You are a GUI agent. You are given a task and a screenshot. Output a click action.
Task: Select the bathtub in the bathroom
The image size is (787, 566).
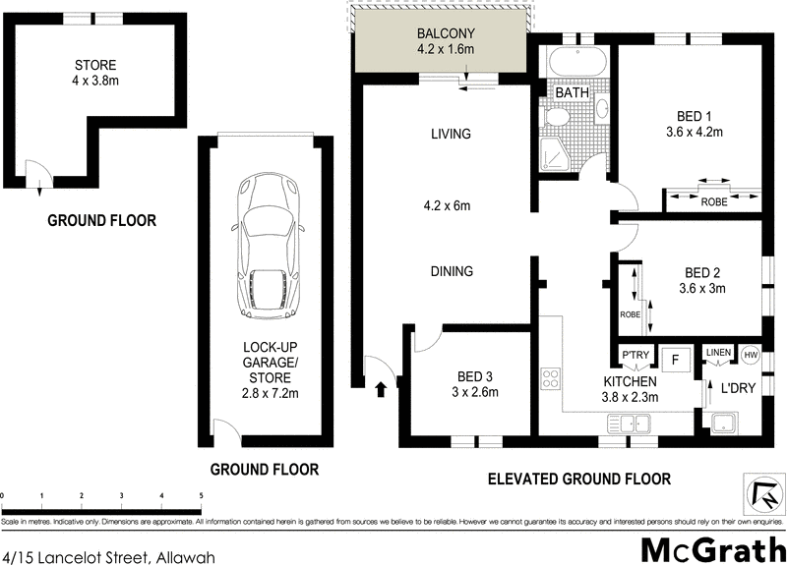577,62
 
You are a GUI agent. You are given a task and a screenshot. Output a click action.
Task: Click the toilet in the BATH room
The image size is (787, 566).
557,117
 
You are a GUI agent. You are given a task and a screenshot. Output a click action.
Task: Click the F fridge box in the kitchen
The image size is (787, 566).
674,359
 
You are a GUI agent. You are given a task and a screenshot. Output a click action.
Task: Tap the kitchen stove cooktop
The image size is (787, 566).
551,377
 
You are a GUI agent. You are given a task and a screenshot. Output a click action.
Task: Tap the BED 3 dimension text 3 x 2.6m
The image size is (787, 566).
474,392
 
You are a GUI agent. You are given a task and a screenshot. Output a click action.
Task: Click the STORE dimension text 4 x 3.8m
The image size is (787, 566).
95,83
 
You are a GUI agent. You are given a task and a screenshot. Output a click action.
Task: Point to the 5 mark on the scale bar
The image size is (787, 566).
202,495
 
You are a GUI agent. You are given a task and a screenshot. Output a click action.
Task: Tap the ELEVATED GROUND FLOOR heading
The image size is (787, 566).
579,480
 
